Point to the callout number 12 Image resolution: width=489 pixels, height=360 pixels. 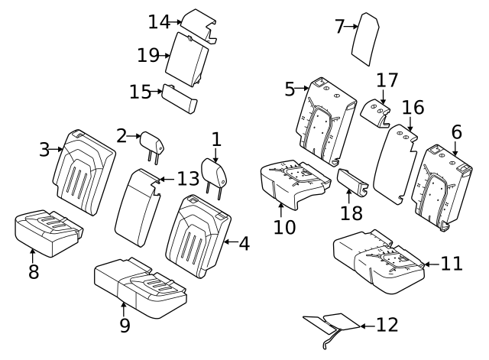(x=387, y=325)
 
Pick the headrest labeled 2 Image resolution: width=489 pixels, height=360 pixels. (x=151, y=140)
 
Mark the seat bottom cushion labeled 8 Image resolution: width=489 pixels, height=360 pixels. (x=45, y=232)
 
